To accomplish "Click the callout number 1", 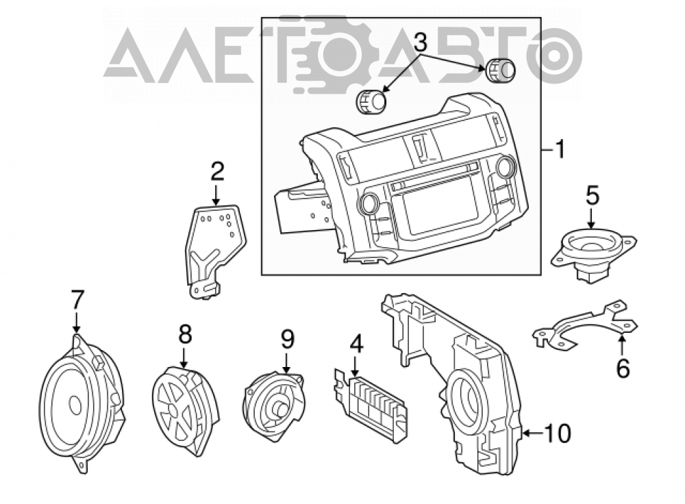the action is [560, 149].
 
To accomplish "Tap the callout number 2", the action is [217, 171].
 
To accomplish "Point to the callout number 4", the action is [356, 344].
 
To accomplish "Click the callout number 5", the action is [593, 196].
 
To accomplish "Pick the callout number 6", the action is [623, 368].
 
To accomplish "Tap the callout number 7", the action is [77, 300].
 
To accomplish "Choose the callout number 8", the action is [185, 336].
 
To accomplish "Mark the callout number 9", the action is [287, 340].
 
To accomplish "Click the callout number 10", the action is [558, 433].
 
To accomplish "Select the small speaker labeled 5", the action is [593, 255].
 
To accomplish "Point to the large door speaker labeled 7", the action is [82, 403].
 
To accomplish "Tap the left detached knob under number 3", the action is [372, 103].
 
